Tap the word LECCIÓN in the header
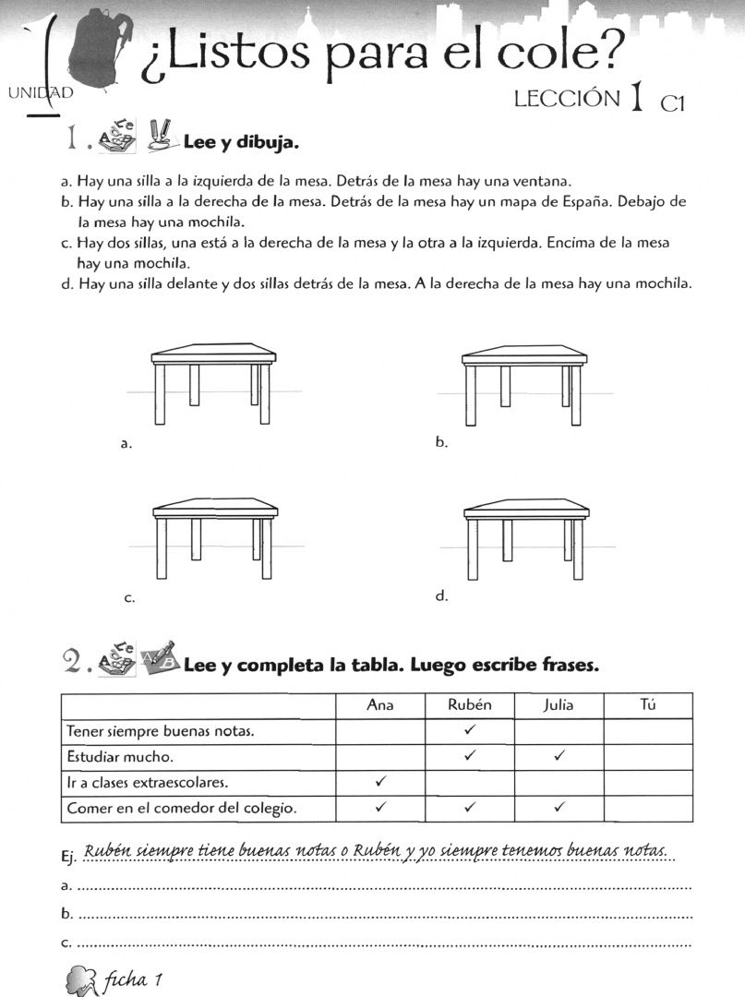click(x=567, y=99)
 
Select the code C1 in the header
click(x=673, y=103)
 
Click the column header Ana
click(x=380, y=705)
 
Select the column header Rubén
click(x=470, y=704)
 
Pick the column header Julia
click(x=559, y=705)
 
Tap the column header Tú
click(x=648, y=704)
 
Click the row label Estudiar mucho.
click(x=119, y=757)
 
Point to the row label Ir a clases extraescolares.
click(x=148, y=783)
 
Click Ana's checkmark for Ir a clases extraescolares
click(x=380, y=782)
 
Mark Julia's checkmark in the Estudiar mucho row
click(x=559, y=755)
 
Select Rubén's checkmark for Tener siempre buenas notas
click(x=470, y=730)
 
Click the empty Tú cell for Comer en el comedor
click(x=648, y=809)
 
